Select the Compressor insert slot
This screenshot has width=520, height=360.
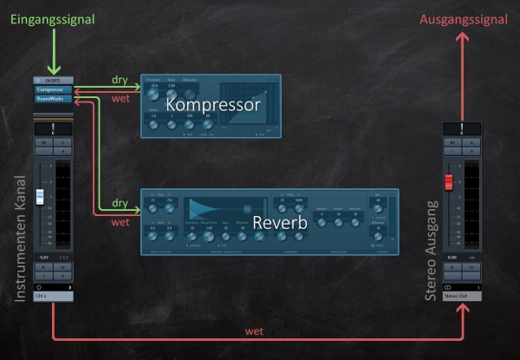pos(53,88)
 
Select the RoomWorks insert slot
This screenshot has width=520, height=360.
pos(53,99)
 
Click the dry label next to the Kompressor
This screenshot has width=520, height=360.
pos(120,80)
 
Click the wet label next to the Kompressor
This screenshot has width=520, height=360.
pos(120,97)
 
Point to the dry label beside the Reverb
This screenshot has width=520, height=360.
pos(120,205)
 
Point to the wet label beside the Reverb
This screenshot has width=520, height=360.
pos(120,222)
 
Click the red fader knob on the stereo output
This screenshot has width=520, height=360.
pos(449,181)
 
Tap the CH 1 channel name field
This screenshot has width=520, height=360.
pos(53,296)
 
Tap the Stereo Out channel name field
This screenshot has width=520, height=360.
pos(461,296)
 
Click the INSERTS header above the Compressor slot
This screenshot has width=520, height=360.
pos(53,79)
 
